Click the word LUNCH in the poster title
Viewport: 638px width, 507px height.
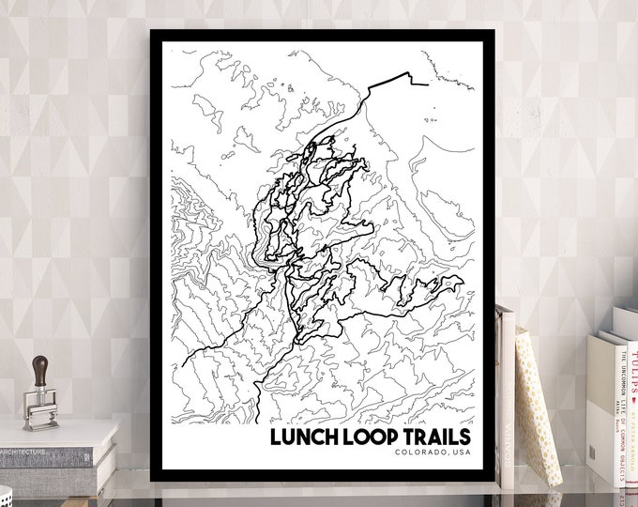coord(305,438)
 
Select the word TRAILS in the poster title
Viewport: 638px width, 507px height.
coord(439,438)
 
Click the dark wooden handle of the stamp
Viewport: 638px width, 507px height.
coord(40,369)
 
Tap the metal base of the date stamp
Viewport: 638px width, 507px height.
coord(40,413)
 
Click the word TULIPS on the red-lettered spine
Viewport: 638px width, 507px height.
coord(633,361)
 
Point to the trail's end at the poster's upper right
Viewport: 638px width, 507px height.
coord(428,84)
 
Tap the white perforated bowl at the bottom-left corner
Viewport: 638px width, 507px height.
coord(5,496)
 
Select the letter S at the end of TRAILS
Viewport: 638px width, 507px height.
coord(464,438)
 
